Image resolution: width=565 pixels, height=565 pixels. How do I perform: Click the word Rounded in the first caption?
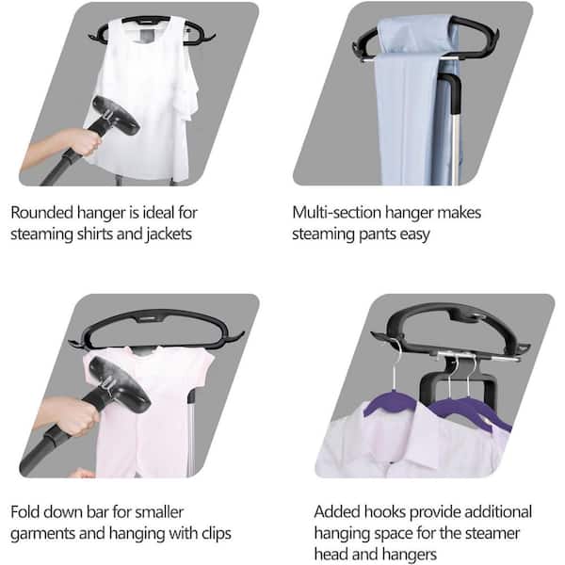(x=41, y=213)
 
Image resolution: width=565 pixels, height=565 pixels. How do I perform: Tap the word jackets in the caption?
(x=169, y=234)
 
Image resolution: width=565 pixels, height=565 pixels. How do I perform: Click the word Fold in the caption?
(x=24, y=512)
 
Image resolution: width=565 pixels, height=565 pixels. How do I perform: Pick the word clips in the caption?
(x=217, y=534)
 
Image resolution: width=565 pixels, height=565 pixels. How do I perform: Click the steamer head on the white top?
(x=115, y=115)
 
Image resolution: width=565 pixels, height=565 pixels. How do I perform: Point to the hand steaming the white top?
(x=81, y=142)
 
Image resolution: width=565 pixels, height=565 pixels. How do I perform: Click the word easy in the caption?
(x=414, y=234)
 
